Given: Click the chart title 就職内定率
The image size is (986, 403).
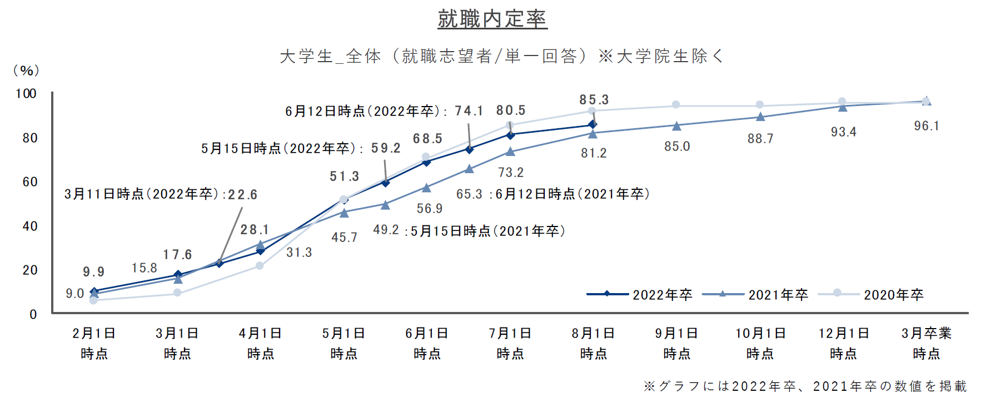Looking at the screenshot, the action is click(x=492, y=19).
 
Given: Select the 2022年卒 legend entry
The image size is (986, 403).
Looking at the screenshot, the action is click(x=640, y=294).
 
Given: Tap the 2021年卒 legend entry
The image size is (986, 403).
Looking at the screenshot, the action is click(x=755, y=294).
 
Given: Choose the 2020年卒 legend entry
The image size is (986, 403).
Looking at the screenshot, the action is click(x=871, y=294).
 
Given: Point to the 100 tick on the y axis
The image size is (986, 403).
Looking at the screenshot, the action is click(x=26, y=93).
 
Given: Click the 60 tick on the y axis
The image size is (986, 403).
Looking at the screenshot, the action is click(x=30, y=182).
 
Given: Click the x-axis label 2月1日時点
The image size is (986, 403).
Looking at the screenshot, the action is click(x=94, y=343).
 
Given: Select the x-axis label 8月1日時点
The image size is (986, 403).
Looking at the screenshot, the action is click(x=594, y=343).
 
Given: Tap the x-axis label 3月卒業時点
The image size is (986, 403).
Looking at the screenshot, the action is click(x=927, y=343).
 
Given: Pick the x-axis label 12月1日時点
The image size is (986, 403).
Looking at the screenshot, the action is click(x=844, y=343).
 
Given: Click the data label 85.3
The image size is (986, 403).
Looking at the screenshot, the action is click(x=594, y=100).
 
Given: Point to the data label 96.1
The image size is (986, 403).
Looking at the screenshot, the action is click(x=927, y=126).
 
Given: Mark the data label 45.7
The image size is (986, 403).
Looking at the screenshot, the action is click(x=344, y=237).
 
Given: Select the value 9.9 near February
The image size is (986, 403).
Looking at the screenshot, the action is click(x=94, y=271).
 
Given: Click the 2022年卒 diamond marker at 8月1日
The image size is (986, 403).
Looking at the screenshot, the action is click(x=592, y=125).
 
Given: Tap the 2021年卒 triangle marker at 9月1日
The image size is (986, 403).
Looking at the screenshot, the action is click(x=676, y=126).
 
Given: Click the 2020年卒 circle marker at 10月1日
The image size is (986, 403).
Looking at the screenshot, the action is click(x=760, y=105).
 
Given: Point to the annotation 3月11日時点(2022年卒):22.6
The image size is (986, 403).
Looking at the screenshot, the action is click(x=161, y=194).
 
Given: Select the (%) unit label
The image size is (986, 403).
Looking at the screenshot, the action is click(x=26, y=70).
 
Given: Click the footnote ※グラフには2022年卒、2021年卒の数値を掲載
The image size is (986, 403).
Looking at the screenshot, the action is click(x=805, y=386).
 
